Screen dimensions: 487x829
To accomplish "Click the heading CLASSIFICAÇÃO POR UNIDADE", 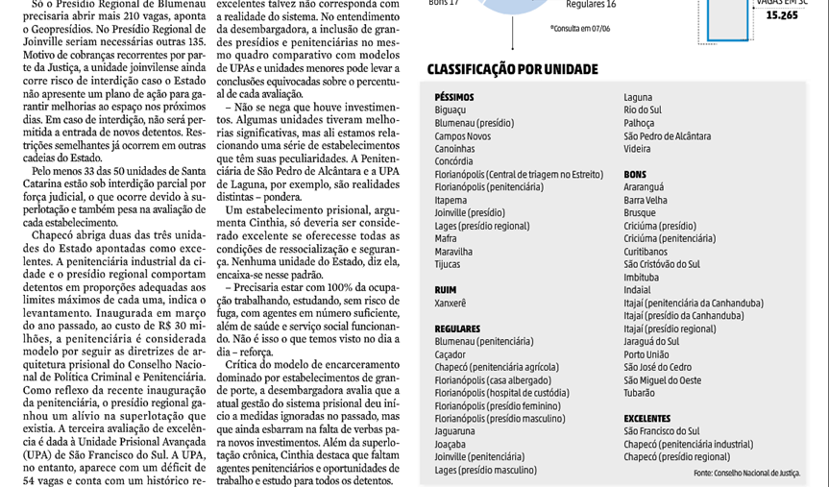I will pos(512,69).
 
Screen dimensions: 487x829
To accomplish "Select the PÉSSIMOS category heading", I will pos(453,97).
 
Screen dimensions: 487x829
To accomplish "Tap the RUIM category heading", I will pos(445,289).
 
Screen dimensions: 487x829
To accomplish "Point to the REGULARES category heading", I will pos(457,329).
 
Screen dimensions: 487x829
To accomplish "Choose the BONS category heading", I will pos(635,174).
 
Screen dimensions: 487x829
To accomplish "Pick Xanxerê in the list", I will pos(451,303).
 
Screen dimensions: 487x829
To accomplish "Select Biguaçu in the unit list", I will pos(451,110).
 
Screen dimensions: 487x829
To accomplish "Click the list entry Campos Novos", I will pos(462,136).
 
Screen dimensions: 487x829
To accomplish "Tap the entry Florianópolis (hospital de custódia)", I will pos(501,393).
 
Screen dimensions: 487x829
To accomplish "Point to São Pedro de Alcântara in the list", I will pos(668,136).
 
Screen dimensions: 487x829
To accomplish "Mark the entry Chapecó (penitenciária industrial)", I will pos(688,444).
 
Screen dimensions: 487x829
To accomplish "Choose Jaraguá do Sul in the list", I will pos(651,341).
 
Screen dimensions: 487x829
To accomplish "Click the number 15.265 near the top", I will pos(781,15).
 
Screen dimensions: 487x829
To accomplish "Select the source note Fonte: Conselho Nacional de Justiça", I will pos(746,474).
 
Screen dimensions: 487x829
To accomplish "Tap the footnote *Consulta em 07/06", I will pos(580,29).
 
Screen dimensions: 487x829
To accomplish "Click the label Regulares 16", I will pos(591,5).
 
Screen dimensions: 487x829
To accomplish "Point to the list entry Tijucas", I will pos(448,264).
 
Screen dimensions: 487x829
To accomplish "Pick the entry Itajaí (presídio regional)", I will pos(670,329).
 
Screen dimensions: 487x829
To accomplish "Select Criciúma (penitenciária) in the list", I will pos(670,238).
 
